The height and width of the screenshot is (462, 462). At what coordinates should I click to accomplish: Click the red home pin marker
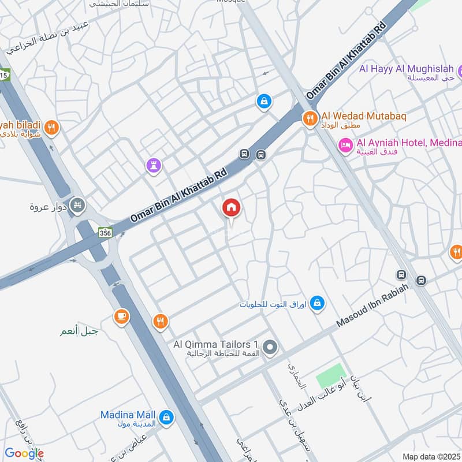tap(232, 208)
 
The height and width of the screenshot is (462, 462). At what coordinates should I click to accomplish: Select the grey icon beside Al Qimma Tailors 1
tap(270, 347)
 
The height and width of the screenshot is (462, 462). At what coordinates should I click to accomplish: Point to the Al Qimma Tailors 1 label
tap(215, 345)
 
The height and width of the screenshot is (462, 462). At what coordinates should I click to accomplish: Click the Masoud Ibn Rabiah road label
tap(372, 305)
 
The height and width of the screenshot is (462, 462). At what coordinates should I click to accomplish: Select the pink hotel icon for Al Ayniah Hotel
tap(345, 145)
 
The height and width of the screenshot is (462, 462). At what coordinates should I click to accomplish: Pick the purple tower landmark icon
tap(154, 166)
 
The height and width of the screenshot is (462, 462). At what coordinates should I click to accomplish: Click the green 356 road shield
tap(105, 232)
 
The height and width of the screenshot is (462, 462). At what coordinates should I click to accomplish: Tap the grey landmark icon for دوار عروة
tap(79, 205)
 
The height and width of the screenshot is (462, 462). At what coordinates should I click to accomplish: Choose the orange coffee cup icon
tap(121, 316)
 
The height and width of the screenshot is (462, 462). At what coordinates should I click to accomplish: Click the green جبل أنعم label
tap(79, 332)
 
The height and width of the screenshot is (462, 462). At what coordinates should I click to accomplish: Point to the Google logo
tap(24, 453)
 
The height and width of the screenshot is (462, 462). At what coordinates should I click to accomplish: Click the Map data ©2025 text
tap(431, 456)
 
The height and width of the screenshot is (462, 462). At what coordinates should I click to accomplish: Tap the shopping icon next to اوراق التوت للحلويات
tap(316, 303)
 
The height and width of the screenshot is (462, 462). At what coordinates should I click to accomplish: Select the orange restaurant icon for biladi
tap(52, 127)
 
